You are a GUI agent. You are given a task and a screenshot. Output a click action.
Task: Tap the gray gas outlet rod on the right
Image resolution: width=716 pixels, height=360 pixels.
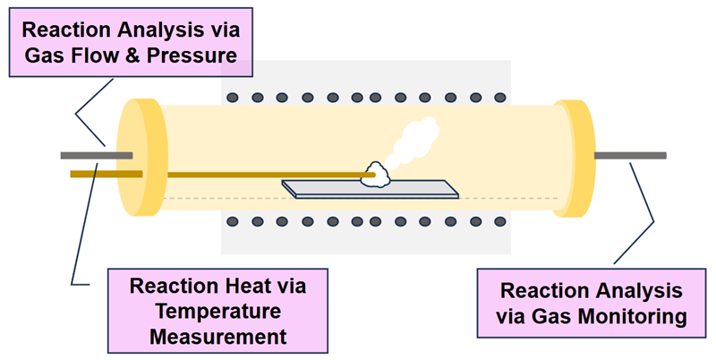pyautogui.click(x=630, y=155)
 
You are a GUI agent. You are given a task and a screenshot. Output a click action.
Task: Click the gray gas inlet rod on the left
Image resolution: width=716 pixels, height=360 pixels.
pyautogui.click(x=94, y=155)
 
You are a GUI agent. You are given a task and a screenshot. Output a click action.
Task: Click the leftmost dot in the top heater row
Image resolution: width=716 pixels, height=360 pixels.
pyautogui.click(x=233, y=97)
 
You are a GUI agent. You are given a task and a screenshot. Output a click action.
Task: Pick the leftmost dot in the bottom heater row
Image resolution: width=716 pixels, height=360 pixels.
pyautogui.click(x=233, y=219)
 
